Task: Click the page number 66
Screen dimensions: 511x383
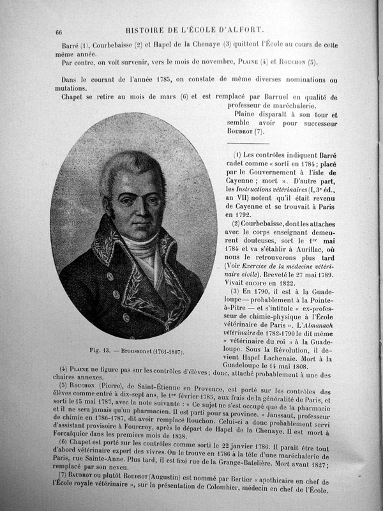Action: pyautogui.click(x=59, y=32)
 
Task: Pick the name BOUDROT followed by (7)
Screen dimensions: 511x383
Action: pyautogui.click(x=242, y=131)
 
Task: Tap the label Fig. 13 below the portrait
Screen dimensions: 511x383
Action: pyautogui.click(x=103, y=351)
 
